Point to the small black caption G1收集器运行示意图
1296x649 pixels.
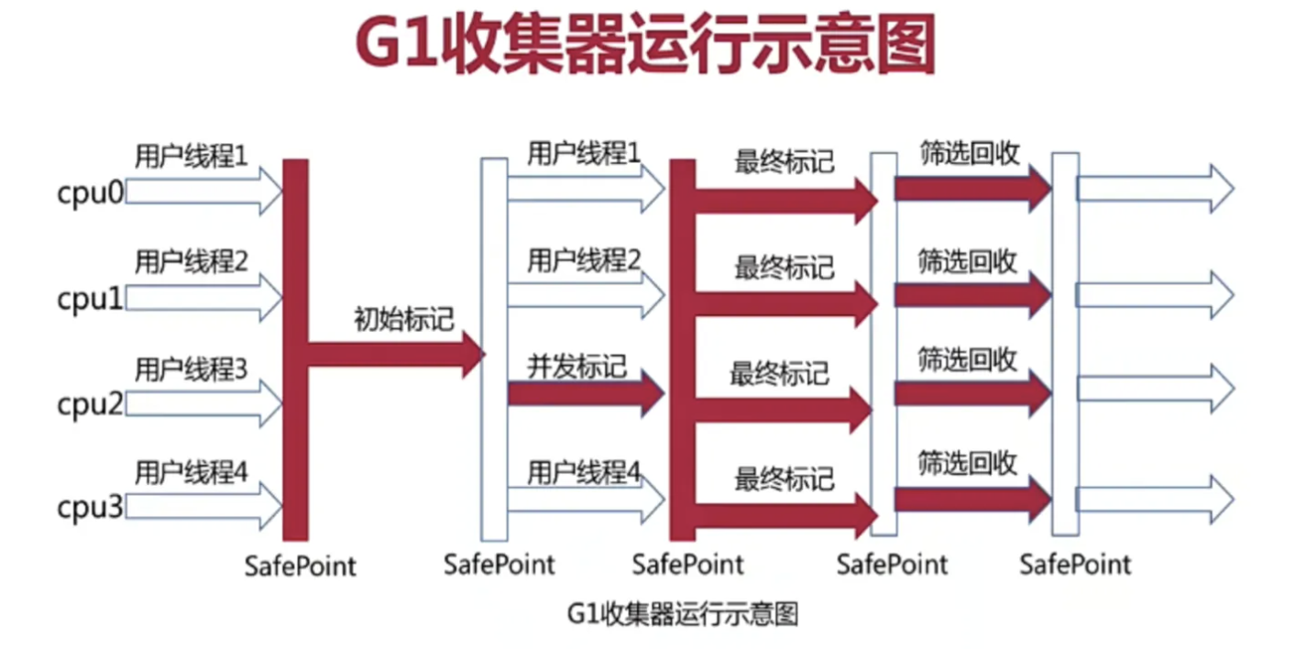pyautogui.click(x=683, y=612)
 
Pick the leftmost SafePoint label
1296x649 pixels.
pyautogui.click(x=300, y=565)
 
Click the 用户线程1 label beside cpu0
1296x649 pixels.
pyautogui.click(x=191, y=156)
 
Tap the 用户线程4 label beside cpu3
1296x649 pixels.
pyautogui.click(x=191, y=473)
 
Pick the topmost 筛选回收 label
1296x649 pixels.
pyautogui.click(x=969, y=153)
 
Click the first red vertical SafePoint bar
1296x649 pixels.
pyautogui.click(x=295, y=348)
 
